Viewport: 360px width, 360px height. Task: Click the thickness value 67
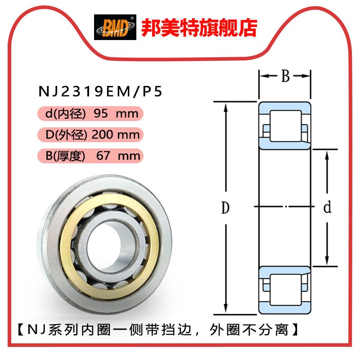(103, 156)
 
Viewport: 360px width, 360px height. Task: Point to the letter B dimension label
(285, 76)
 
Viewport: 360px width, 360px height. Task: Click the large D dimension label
(225, 207)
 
